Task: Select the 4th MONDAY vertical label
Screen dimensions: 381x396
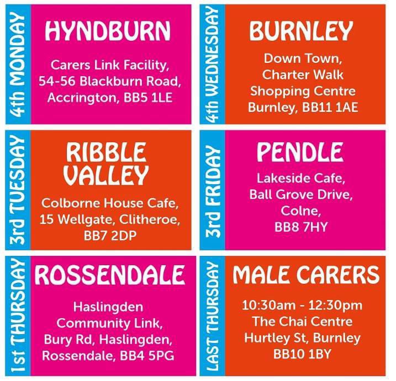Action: [x=18, y=65]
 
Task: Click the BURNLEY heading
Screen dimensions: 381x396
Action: [x=301, y=31]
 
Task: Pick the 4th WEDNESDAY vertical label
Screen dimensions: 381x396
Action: [x=212, y=65]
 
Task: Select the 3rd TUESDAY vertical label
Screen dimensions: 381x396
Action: [x=18, y=190]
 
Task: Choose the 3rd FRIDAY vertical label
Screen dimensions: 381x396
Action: [x=212, y=190]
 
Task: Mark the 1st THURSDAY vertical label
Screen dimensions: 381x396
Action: [x=18, y=316]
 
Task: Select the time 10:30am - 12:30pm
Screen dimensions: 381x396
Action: [x=302, y=305]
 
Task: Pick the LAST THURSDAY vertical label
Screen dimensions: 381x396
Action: [x=212, y=316]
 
